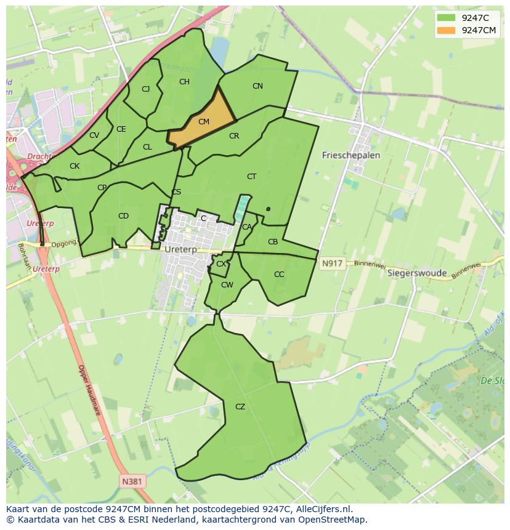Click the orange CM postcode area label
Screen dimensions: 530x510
click(x=204, y=122)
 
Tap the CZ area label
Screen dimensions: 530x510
click(x=240, y=407)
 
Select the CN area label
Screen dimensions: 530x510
click(x=257, y=86)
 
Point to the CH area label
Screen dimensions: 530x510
click(x=184, y=82)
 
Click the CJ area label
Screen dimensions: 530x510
click(x=146, y=89)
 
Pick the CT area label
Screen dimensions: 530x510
click(x=251, y=177)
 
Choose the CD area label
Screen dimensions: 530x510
click(x=123, y=216)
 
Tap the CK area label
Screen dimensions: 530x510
click(x=75, y=166)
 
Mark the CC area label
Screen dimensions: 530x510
click(x=279, y=275)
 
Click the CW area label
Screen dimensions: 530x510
click(x=227, y=285)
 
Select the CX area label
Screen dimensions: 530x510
click(x=221, y=265)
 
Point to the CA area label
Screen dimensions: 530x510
click(x=247, y=227)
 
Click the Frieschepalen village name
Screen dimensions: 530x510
click(x=351, y=156)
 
